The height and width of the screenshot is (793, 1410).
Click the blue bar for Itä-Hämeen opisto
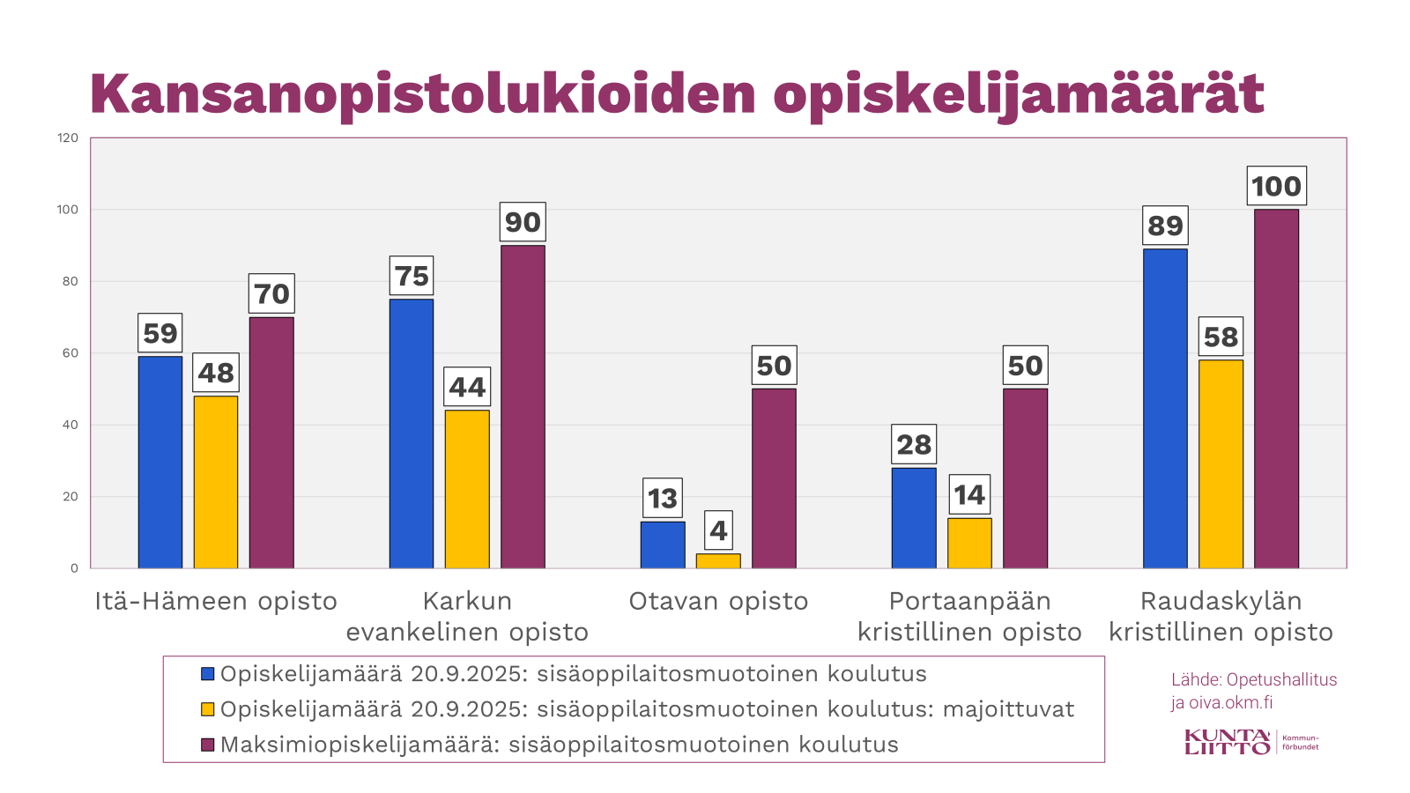pyautogui.click(x=160, y=463)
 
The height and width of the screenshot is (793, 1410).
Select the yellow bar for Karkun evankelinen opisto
pyautogui.click(x=467, y=489)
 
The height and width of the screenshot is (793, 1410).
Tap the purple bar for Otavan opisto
pyautogui.click(x=774, y=478)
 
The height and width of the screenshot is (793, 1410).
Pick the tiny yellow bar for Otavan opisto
pyautogui.click(x=718, y=560)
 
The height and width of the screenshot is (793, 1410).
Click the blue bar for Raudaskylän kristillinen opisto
pyautogui.click(x=1165, y=409)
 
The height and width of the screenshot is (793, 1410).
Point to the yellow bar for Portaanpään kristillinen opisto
pyautogui.click(x=969, y=543)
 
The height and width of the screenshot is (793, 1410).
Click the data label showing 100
pyautogui.click(x=1276, y=186)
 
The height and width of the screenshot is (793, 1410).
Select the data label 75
pyautogui.click(x=412, y=276)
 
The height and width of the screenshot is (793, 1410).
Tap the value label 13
pyautogui.click(x=663, y=499)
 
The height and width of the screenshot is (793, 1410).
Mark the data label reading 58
pyautogui.click(x=1221, y=337)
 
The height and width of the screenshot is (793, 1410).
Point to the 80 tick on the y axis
pyautogui.click(x=69, y=282)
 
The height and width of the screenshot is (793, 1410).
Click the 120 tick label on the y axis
pyautogui.click(x=68, y=138)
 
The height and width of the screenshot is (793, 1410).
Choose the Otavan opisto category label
pyautogui.click(x=718, y=601)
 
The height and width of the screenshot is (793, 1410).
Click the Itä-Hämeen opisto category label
pyautogui.click(x=216, y=601)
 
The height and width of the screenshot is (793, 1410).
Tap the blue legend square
pyautogui.click(x=208, y=674)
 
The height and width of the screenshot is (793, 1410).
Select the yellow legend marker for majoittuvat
pyautogui.click(x=208, y=709)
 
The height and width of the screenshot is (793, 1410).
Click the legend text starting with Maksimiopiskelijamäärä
pyautogui.click(x=559, y=745)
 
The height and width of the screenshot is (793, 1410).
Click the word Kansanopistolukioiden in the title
pyautogui.click(x=423, y=93)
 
